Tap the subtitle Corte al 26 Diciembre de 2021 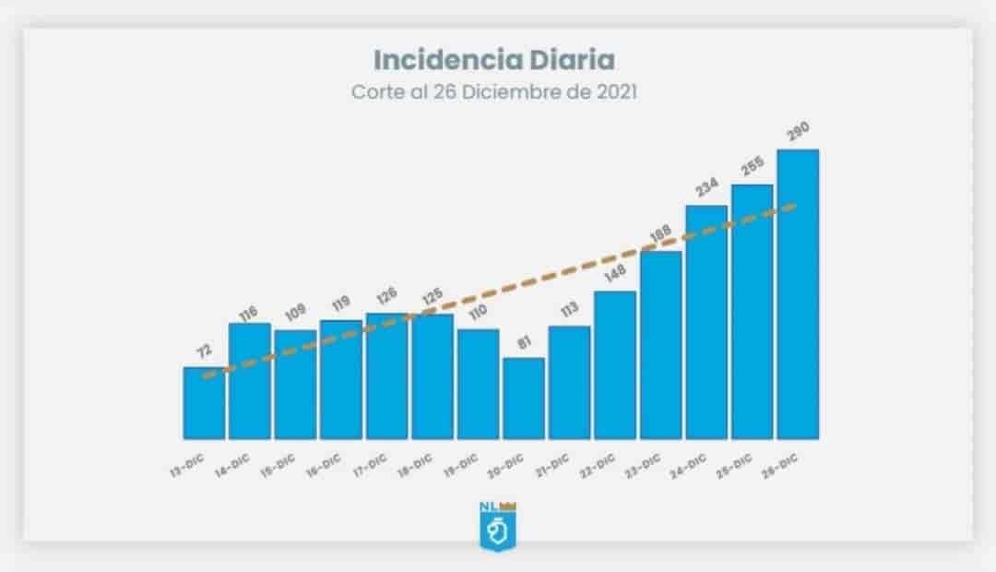tap(493, 93)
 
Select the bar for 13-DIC tap(204, 404)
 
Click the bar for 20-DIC tap(524, 399)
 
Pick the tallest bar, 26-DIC tap(798, 295)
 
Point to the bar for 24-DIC tap(706, 323)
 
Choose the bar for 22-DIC tap(615, 365)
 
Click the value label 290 tap(798, 133)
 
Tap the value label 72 tap(204, 351)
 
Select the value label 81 tap(524, 341)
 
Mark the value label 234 tap(706, 187)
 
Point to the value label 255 tap(753, 168)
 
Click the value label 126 tap(386, 296)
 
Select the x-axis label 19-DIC tap(460, 463)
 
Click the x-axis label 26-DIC tap(780, 463)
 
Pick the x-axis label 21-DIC tap(551, 463)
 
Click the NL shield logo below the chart tap(498, 530)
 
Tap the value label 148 tap(615, 275)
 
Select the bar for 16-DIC tap(341, 380)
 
